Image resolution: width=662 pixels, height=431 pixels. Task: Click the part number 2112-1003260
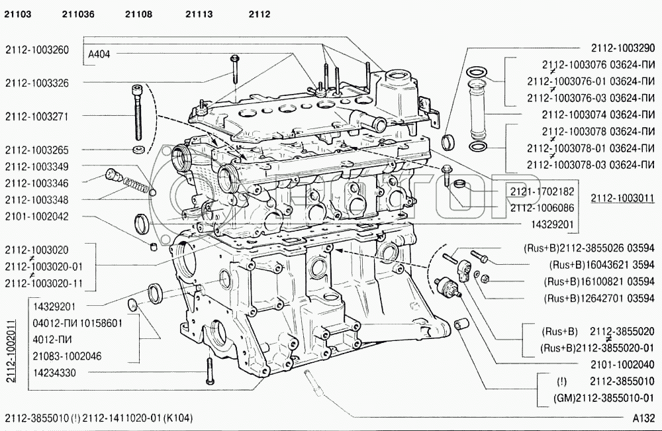click(37, 49)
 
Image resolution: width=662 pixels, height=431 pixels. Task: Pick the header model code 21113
click(199, 14)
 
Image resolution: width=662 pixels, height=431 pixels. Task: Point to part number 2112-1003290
click(622, 48)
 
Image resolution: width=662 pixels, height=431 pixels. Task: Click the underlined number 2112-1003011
click(622, 198)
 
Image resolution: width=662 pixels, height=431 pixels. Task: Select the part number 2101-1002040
click(622, 364)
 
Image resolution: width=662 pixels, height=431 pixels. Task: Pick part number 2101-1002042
click(37, 216)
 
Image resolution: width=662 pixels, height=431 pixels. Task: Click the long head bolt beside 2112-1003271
click(137, 110)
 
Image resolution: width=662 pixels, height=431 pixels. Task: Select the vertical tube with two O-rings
click(477, 105)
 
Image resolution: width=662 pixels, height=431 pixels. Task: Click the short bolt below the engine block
click(209, 370)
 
